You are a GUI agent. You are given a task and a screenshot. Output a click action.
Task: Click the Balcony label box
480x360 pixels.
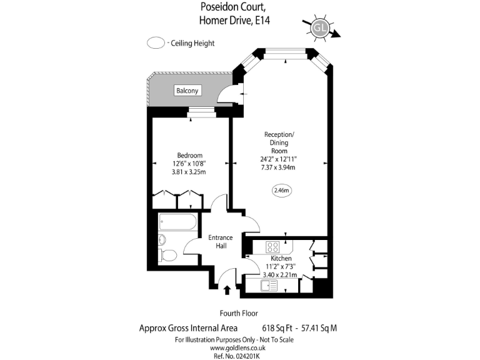187,91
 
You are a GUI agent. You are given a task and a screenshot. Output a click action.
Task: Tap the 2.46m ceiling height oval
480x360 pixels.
282,191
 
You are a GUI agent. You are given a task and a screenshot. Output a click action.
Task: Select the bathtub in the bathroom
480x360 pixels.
177,222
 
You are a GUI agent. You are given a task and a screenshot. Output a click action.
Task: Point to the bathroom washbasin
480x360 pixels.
162,239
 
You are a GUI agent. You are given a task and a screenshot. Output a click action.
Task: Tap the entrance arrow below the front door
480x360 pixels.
226,289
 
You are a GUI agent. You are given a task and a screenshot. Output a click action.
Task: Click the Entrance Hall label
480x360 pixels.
220,241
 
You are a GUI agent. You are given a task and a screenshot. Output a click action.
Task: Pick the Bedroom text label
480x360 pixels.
189,156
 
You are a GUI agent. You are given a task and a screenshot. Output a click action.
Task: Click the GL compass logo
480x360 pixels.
320,28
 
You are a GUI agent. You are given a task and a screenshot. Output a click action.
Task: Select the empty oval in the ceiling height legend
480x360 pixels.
154,43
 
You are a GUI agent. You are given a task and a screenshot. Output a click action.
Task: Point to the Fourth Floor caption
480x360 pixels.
239,313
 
